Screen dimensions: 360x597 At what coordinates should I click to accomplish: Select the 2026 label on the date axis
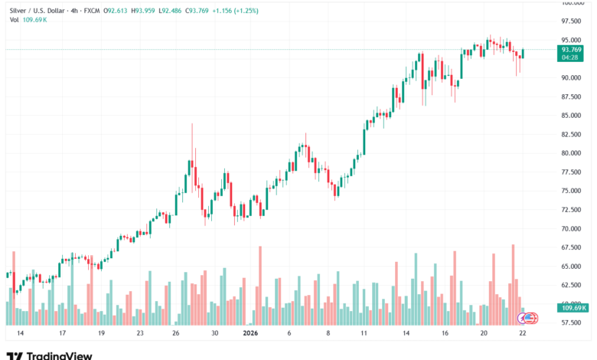pos(250,334)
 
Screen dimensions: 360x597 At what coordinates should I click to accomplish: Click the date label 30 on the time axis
pos(215,334)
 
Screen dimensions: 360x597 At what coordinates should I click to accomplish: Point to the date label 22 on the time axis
pos(521,334)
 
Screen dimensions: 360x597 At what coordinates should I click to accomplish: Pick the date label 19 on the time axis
pos(101,334)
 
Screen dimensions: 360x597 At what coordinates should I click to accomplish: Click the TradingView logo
pos(49,355)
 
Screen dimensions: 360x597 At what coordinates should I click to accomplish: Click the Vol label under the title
pos(13,21)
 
